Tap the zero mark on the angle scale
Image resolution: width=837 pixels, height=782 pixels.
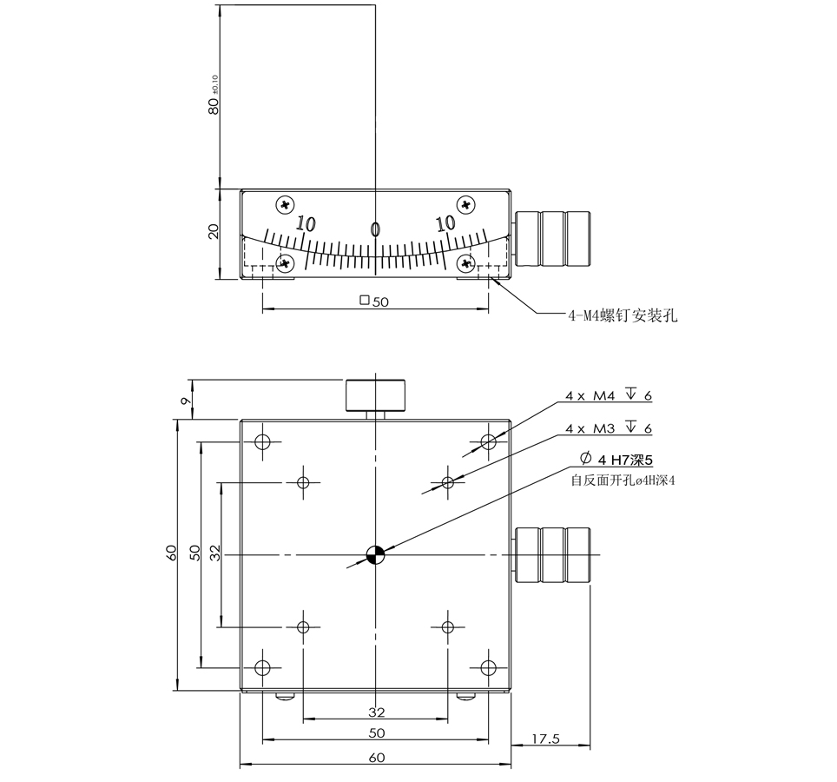tap(375, 229)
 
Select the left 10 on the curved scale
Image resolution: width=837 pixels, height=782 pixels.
tap(305, 223)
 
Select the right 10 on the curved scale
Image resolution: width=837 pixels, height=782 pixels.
tap(445, 223)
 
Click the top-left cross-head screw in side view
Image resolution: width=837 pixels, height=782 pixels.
tap(284, 205)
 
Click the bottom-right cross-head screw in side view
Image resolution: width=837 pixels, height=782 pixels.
tap(467, 262)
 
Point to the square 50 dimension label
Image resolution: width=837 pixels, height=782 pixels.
tap(374, 302)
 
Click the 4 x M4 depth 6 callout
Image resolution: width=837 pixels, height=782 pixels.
tap(608, 395)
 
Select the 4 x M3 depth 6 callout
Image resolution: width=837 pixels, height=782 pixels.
tap(608, 428)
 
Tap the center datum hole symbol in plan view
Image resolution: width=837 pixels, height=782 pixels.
tap(375, 554)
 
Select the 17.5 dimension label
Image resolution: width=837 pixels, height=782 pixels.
tap(545, 739)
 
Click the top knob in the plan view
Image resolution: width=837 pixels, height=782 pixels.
tap(376, 394)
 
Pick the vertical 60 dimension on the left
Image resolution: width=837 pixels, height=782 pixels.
tap(172, 553)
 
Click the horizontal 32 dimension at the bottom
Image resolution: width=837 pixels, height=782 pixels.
tap(376, 712)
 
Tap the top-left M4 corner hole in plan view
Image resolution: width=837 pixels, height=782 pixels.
tap(262, 442)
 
